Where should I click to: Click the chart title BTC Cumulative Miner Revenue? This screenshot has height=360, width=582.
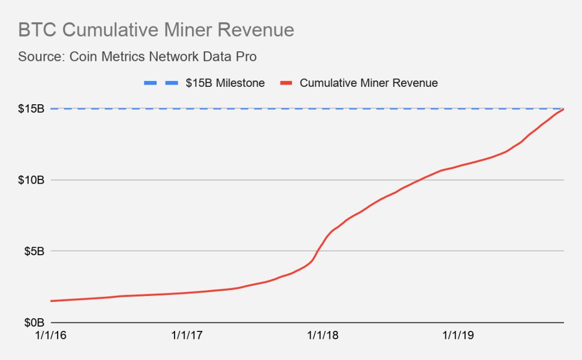[156, 30]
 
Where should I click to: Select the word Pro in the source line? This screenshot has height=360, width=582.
[247, 57]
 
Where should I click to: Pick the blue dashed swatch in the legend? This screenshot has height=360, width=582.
[158, 83]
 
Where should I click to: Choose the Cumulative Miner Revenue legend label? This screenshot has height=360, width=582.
[369, 83]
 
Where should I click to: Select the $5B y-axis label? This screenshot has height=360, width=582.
[34, 251]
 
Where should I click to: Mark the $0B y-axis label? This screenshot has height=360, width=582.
[34, 322]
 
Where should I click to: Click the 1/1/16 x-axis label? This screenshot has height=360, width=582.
[51, 335]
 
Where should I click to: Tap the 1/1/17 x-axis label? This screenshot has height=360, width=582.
[187, 335]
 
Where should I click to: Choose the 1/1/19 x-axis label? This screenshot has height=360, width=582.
[459, 335]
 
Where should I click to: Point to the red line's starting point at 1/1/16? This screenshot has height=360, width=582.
[51, 301]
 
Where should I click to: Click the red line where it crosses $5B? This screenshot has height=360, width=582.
[318, 251]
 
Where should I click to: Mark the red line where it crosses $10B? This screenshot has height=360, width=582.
[420, 180]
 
